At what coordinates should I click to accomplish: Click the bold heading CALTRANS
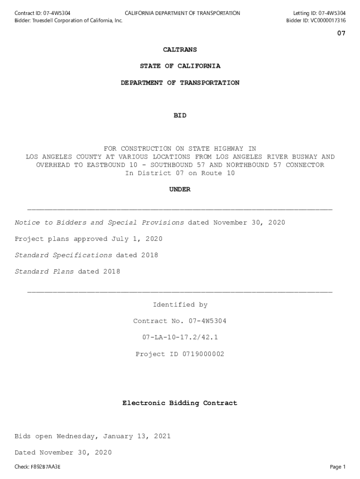[x=180, y=50]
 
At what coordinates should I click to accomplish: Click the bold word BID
[x=180, y=116]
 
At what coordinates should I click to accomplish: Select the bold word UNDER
[x=180, y=189]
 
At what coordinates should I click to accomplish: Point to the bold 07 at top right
[x=341, y=33]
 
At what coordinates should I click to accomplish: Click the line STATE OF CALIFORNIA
[x=180, y=66]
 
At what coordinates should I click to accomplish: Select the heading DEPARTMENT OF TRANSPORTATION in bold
[x=180, y=83]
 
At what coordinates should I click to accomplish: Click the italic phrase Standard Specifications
[x=63, y=255]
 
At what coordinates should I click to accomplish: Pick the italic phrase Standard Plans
[x=44, y=272]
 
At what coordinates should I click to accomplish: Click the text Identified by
[x=180, y=305]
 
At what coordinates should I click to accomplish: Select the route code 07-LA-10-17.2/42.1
[x=180, y=337]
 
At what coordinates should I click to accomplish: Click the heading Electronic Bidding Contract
[x=180, y=403]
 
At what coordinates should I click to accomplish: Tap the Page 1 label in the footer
[x=338, y=467]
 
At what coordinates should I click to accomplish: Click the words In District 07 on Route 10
[x=180, y=173]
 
